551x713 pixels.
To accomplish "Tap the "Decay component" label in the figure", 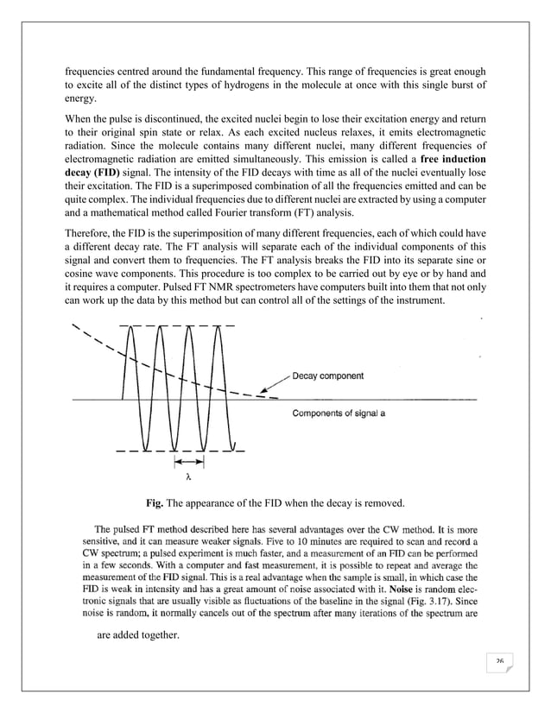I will [x=327, y=375].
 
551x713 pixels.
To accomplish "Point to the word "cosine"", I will [x=84, y=287].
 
